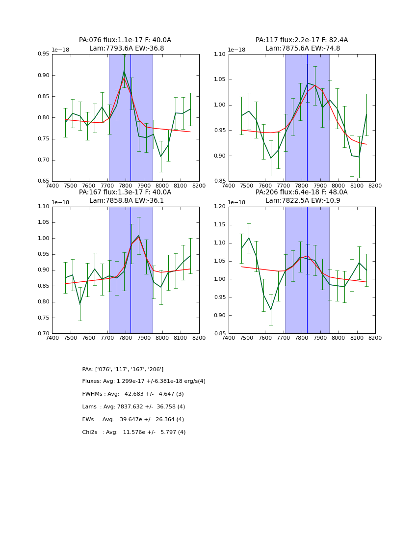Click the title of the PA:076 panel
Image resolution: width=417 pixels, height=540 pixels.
tap(125, 44)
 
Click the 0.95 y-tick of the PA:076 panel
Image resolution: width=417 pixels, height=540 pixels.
tap(44, 54)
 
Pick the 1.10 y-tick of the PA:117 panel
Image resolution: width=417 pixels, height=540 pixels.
tap(220, 54)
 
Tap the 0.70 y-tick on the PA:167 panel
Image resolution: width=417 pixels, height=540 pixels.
tap(44, 334)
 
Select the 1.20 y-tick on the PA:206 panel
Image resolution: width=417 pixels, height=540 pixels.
tap(220, 207)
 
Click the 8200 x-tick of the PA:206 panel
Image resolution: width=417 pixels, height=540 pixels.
tap(375, 338)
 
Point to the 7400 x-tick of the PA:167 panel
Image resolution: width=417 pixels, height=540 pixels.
tap(52, 338)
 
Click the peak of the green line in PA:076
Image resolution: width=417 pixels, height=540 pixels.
tap(124, 71)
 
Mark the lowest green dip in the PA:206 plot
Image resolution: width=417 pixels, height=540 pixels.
tap(271, 310)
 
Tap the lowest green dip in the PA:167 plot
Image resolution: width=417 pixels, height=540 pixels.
tap(80, 304)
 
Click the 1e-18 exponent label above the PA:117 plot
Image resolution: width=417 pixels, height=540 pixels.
tap(236, 50)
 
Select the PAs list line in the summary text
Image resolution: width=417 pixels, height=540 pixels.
tap(123, 369)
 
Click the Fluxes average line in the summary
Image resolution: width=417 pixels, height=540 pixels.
tap(144, 381)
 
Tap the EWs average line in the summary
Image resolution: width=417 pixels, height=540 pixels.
tap(133, 420)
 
